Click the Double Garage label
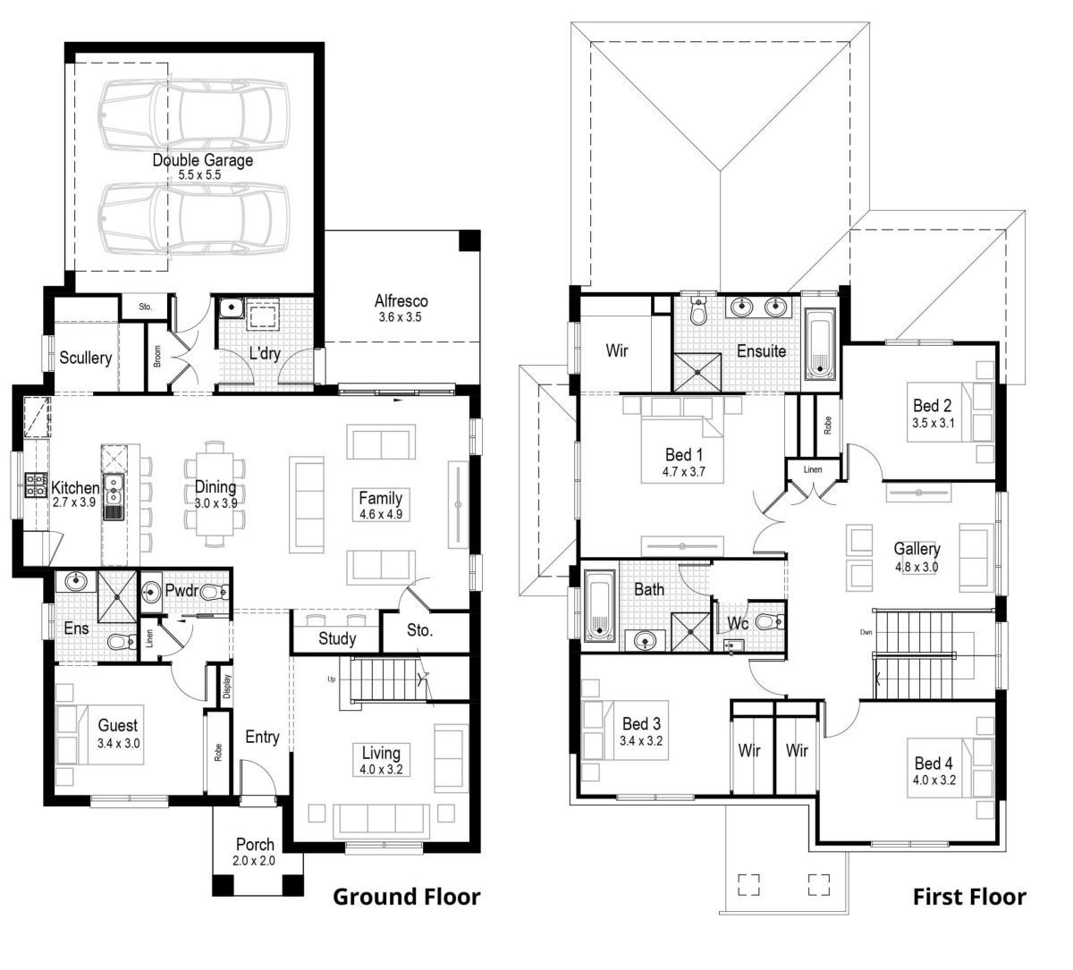click(202, 161)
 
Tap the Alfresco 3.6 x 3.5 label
click(401, 301)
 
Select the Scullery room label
click(86, 358)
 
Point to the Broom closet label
click(157, 358)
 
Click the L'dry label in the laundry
click(265, 353)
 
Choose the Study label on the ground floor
click(337, 638)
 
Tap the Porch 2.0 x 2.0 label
click(255, 845)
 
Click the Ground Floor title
click(406, 897)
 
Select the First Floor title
click(969, 897)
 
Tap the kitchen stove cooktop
click(35, 485)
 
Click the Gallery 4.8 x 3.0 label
click(917, 549)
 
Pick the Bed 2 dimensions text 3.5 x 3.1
click(934, 423)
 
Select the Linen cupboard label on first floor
click(813, 469)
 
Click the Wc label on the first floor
click(737, 622)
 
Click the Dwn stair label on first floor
click(866, 632)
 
